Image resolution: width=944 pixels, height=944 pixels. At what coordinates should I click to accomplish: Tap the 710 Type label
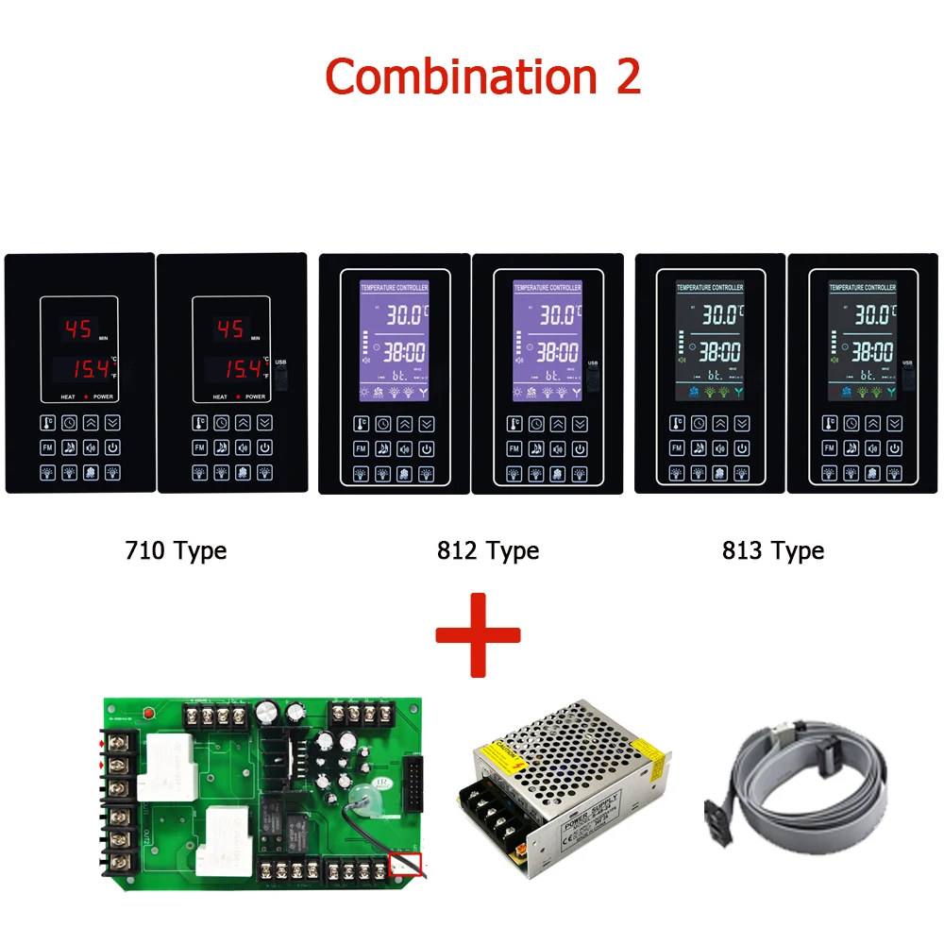(176, 550)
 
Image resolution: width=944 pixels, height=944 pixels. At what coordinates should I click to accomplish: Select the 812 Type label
(487, 550)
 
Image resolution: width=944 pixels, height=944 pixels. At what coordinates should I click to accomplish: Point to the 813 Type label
(772, 550)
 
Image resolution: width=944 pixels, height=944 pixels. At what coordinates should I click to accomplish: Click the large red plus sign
(478, 634)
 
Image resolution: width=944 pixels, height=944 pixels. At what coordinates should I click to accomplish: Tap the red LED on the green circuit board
(146, 714)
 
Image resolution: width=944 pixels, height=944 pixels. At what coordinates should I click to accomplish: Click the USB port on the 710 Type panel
(280, 377)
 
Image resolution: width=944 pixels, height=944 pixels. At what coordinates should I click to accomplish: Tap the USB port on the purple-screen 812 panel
(593, 379)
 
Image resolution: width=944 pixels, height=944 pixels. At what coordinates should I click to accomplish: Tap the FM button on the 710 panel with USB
(200, 448)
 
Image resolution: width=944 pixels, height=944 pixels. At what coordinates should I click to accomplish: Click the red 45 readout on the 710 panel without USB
(77, 329)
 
